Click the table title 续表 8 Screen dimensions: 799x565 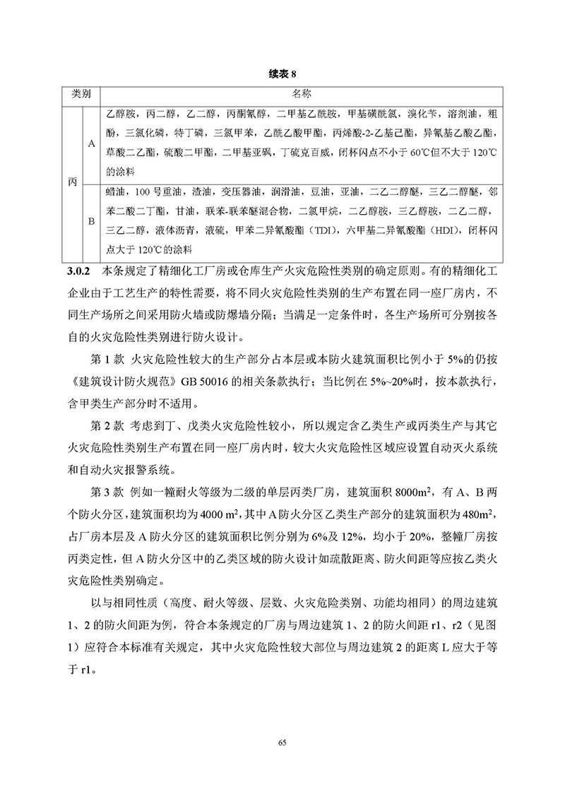point(282,73)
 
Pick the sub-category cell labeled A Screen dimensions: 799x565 point(91,143)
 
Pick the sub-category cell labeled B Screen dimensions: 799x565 point(91,221)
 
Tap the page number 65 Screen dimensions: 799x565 point(282,742)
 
